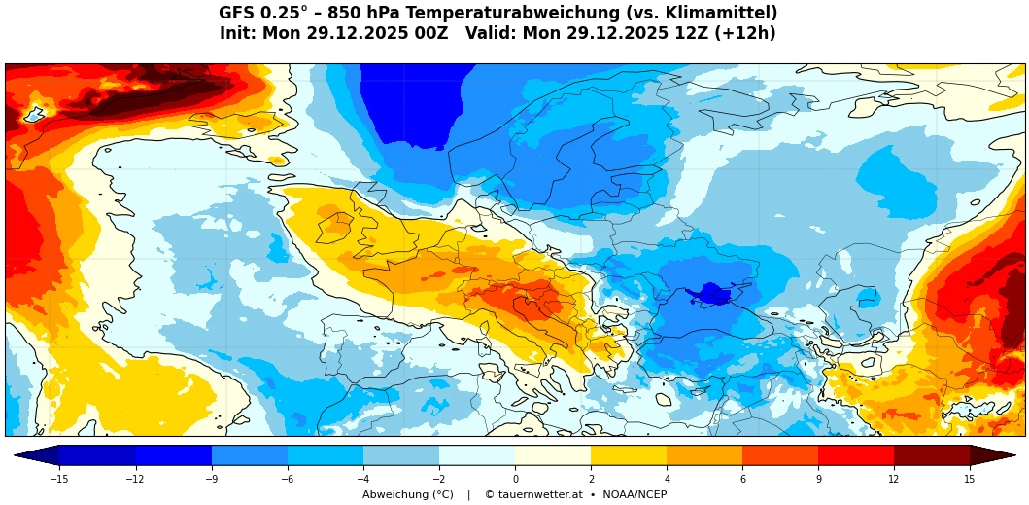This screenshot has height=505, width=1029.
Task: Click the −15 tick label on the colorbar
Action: coord(59,479)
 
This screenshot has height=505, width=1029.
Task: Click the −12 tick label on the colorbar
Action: coord(135,479)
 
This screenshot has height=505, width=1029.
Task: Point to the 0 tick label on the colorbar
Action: coord(515,479)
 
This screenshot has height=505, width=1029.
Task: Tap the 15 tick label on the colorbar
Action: coord(970,479)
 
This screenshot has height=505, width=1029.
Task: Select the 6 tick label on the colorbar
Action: coord(742,479)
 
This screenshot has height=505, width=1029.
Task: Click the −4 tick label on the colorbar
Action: coord(362,479)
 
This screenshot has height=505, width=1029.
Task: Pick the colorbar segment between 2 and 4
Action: coord(629,455)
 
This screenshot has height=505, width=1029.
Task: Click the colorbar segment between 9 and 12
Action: coord(856,455)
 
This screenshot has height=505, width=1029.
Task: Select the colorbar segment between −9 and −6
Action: coord(250,455)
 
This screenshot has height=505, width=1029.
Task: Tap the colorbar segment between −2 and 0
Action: coord(477,455)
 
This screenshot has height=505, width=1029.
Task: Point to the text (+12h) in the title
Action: coord(746,34)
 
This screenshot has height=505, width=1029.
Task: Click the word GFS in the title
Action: coord(237,14)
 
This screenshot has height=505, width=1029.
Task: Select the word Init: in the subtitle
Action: coord(238,34)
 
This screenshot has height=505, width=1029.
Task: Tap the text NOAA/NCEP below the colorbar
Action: coord(633,495)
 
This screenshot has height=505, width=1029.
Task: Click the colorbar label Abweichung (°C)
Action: coord(408,495)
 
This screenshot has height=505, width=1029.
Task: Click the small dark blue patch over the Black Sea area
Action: coord(708,293)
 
